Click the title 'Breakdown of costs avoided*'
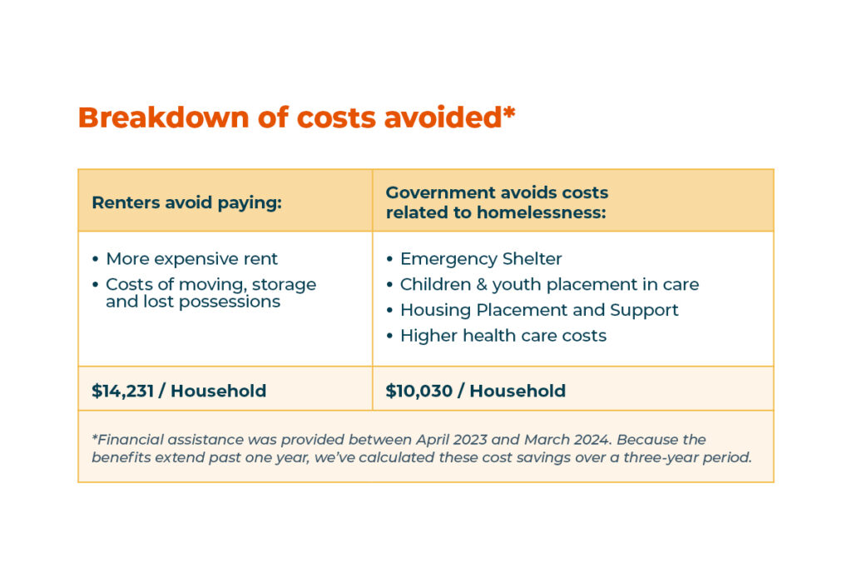tap(296, 117)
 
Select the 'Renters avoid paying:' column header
tap(186, 202)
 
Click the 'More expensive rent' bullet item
tap(192, 258)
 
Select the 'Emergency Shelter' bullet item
tap(481, 258)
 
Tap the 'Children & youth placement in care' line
tap(549, 284)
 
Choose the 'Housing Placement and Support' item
tap(539, 310)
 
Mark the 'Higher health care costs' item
tap(503, 336)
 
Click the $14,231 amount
tap(122, 391)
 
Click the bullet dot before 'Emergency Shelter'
tap(389, 259)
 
